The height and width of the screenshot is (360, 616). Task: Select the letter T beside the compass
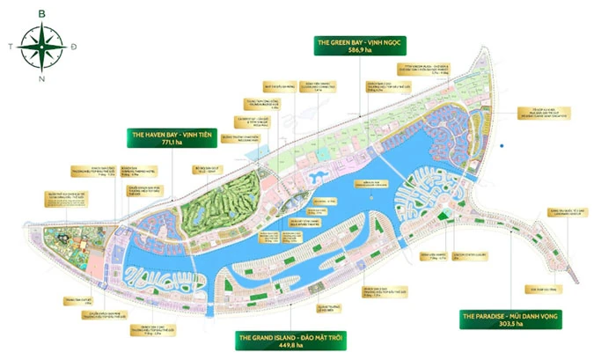pos(10,45)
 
